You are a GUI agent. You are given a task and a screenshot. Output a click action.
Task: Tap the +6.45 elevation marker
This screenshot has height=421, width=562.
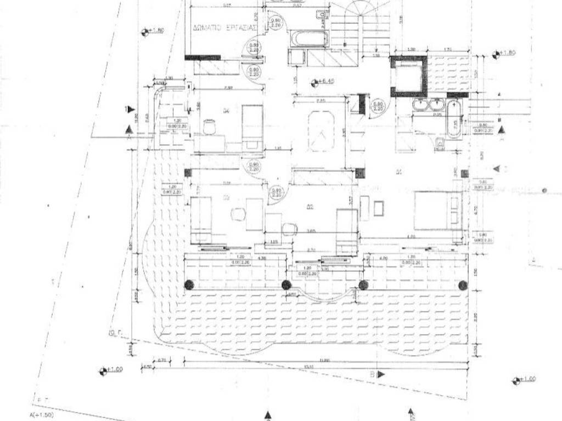tap(323, 83)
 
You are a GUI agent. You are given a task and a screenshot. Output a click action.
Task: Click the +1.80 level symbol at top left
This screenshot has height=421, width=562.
tap(152, 31)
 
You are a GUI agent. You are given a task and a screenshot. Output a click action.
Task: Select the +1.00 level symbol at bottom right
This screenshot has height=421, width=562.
tap(522, 380)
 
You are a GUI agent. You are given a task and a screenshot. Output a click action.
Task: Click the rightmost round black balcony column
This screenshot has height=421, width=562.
tap(463, 285)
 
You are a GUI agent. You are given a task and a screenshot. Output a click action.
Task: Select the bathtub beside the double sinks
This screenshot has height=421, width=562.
tap(454, 119)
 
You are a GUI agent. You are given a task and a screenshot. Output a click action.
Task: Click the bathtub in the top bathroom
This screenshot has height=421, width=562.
tap(309, 40)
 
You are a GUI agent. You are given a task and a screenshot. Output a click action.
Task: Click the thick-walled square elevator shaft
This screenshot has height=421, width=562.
tap(408, 75)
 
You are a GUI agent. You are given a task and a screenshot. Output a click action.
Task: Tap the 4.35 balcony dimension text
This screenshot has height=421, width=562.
tap(262, 258)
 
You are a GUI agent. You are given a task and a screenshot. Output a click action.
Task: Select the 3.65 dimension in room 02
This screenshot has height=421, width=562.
tap(311, 231)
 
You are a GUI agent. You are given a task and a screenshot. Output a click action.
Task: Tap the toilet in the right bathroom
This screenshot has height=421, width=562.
tap(440, 144)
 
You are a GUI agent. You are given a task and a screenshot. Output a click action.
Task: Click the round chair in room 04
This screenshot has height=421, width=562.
tap(209, 127)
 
